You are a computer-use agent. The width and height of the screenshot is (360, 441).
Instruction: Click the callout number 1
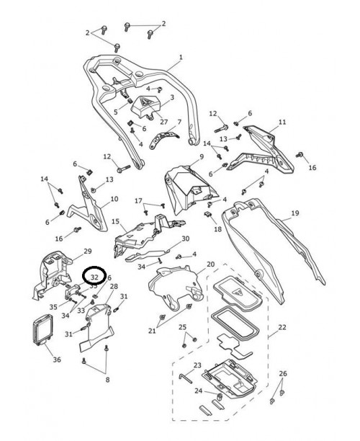tap(181, 57)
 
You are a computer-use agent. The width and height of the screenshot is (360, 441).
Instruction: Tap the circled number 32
tap(94, 275)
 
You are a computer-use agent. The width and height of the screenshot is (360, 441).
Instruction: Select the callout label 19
tap(294, 214)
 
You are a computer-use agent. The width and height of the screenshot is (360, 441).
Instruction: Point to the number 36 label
tap(57, 360)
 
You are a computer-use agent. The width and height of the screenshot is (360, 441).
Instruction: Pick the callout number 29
tap(88, 251)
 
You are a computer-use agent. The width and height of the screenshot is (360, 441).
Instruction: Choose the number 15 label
tap(114, 223)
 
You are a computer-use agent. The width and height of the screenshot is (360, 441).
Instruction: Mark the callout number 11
tap(282, 122)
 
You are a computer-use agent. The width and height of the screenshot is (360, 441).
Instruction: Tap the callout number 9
tap(201, 156)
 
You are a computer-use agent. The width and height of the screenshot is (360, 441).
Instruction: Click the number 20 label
tap(211, 264)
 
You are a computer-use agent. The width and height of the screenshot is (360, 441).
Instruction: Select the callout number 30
tap(185, 239)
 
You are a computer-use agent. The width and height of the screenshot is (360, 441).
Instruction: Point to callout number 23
tap(197, 365)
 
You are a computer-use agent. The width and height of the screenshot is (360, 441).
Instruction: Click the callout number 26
tap(282, 373)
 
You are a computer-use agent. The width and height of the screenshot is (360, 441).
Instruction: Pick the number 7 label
tap(179, 122)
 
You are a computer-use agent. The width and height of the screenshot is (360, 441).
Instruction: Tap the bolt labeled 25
tap(184, 342)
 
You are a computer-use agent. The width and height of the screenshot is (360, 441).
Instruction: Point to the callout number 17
tap(139, 200)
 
